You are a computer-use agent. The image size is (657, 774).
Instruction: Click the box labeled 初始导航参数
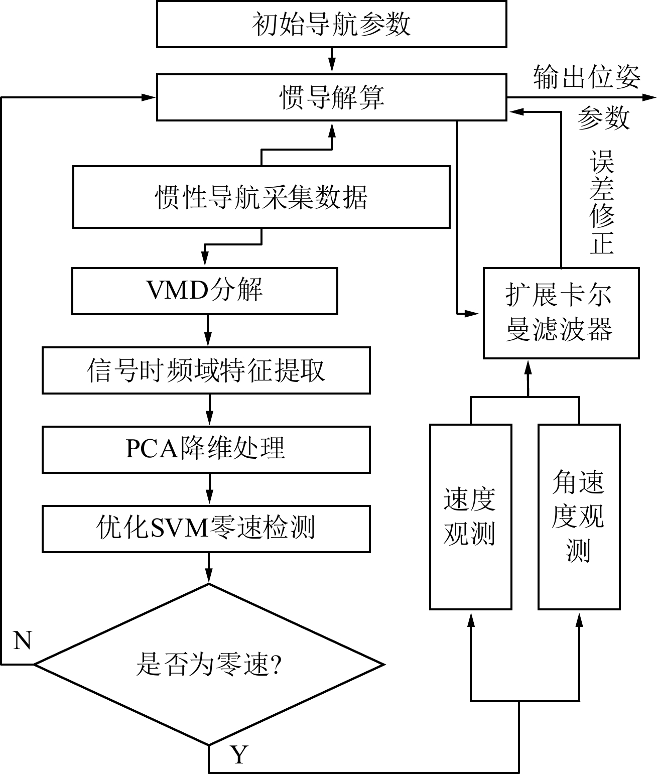tap(331, 24)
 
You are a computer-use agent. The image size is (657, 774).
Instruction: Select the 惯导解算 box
tap(331, 97)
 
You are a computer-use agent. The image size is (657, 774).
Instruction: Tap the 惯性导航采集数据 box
tap(261, 197)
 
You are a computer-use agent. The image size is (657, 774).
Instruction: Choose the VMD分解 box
tap(204, 291)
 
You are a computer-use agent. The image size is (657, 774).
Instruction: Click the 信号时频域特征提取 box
tap(206, 370)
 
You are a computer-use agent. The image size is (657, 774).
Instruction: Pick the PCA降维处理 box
tap(206, 449)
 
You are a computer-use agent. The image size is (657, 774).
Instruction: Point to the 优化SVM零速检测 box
tap(206, 529)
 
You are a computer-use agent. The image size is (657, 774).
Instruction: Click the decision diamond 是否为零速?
tap(209, 665)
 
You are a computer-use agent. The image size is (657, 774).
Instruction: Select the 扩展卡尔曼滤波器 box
tap(561, 313)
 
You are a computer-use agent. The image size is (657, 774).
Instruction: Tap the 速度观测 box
tap(470, 517)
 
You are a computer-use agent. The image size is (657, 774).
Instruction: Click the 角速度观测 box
tap(579, 517)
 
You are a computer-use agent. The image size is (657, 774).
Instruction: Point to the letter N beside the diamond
tap(23, 641)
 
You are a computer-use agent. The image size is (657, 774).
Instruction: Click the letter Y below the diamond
tap(239, 754)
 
